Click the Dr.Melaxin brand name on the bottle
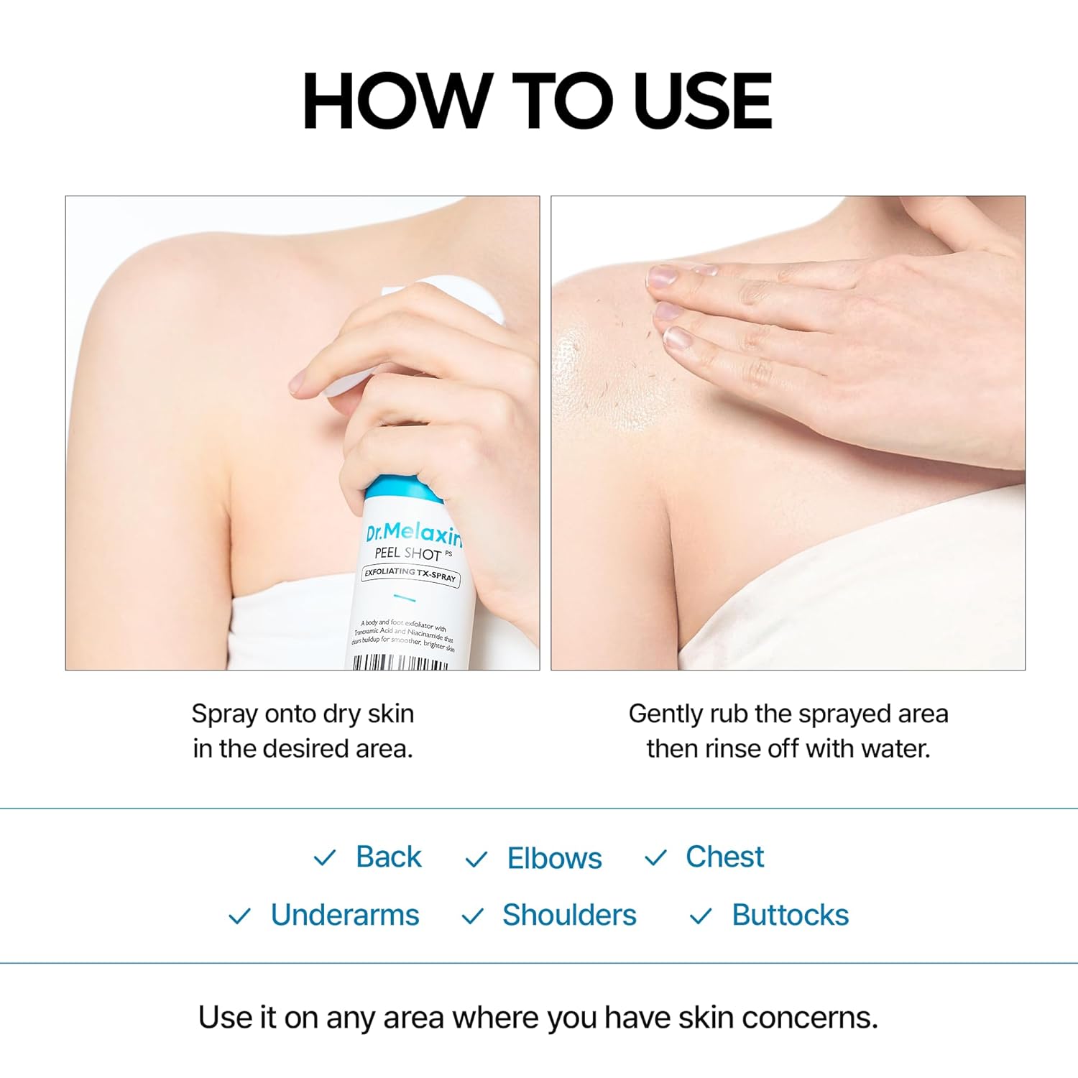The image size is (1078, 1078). point(413,533)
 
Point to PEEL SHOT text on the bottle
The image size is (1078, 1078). point(408,553)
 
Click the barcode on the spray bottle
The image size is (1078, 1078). point(400,662)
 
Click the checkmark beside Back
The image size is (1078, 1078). point(325,857)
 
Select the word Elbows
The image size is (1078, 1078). point(554,858)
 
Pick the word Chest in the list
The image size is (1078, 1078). point(724,857)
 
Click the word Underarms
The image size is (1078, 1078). point(345,916)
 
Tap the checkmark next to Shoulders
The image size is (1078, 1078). point(472,916)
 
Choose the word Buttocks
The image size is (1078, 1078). point(791,916)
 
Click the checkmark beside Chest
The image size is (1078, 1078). point(655,857)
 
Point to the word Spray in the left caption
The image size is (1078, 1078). point(224,714)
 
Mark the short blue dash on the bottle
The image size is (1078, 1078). point(405,598)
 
